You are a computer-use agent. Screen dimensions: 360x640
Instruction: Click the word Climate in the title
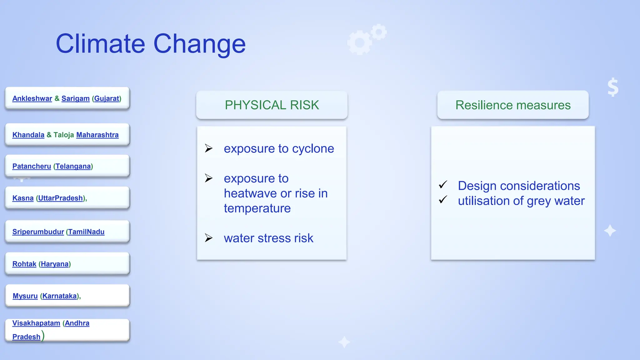[100, 44]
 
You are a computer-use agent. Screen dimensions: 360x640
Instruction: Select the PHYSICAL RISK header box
[272, 105]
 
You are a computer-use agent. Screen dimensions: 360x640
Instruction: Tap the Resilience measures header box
[513, 105]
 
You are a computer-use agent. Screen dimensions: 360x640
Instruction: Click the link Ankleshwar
[32, 98]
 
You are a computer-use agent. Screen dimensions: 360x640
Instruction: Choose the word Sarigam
[75, 98]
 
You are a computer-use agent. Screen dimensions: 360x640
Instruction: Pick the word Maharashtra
[97, 135]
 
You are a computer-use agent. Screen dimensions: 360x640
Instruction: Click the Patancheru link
[32, 166]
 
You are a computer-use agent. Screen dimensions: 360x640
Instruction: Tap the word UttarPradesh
[60, 198]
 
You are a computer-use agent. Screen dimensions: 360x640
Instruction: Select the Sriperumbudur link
[38, 232]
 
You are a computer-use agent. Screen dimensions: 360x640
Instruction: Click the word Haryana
[54, 264]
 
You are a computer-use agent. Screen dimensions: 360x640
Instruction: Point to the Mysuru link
[25, 296]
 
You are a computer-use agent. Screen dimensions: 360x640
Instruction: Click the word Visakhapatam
[36, 323]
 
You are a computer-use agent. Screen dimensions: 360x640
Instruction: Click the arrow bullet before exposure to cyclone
[209, 148]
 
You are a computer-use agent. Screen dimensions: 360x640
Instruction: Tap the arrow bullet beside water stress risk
[209, 238]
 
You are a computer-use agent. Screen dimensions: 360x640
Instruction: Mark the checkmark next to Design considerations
[443, 185]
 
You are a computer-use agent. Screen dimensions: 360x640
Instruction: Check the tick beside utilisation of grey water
[443, 200]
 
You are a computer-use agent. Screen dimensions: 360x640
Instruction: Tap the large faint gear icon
[360, 42]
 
